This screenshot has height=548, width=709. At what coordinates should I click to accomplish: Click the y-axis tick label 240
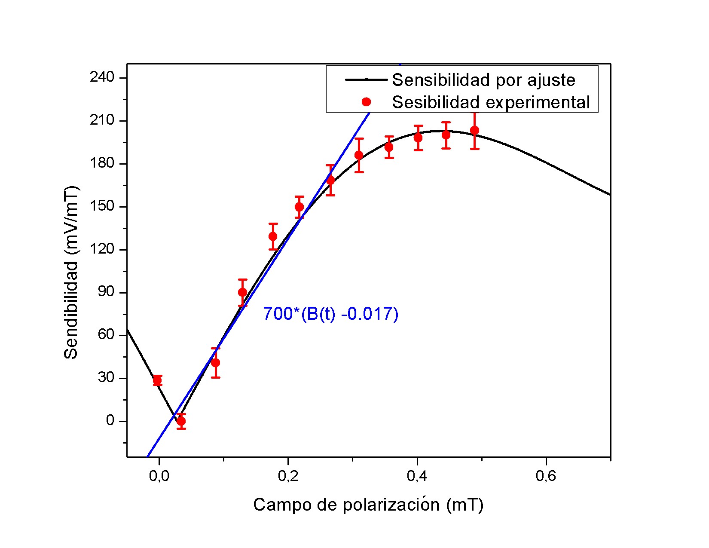(x=102, y=78)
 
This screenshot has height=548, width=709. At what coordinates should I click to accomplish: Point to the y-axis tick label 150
(x=102, y=206)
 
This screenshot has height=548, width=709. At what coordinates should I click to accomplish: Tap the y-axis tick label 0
(x=110, y=421)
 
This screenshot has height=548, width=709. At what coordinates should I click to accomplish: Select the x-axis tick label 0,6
(x=546, y=476)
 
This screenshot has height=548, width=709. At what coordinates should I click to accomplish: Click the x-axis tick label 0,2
(x=288, y=476)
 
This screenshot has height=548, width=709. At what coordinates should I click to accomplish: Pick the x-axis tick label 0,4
(x=417, y=476)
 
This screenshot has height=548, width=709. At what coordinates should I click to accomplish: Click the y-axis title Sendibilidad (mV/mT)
(x=71, y=272)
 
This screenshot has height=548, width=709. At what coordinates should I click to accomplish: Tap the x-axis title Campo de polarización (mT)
(x=368, y=505)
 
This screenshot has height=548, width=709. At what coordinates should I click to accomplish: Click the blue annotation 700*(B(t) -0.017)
(x=330, y=314)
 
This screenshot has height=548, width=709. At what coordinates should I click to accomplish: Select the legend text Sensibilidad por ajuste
(x=483, y=80)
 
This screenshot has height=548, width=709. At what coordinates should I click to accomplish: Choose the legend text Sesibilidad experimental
(x=491, y=102)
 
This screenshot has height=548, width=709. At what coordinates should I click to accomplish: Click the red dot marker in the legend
(x=366, y=102)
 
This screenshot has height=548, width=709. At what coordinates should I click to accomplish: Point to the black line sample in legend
(x=366, y=80)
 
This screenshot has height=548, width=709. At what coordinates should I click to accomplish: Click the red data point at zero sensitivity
(x=181, y=421)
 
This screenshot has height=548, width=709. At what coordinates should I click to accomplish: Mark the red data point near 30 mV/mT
(x=157, y=380)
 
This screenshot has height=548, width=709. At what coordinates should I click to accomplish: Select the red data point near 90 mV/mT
(x=243, y=292)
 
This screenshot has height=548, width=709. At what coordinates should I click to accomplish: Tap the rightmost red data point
(x=474, y=130)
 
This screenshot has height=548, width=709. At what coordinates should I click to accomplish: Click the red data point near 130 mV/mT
(x=273, y=236)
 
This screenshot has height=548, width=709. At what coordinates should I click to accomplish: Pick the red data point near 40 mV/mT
(x=216, y=363)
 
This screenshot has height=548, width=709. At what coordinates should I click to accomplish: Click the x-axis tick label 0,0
(x=159, y=476)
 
